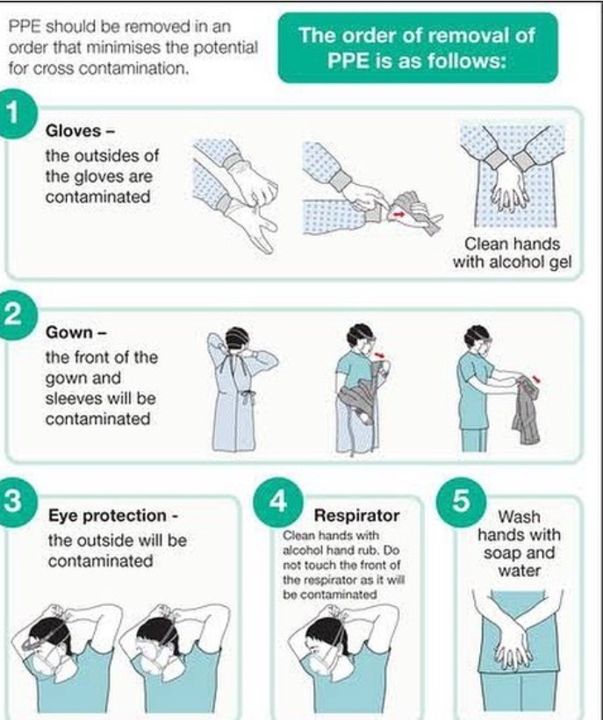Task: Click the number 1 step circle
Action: pos(14,114)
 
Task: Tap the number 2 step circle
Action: pos(14,316)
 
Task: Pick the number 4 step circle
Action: pos(278,502)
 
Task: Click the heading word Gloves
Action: pos(73,131)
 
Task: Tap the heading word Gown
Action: pos(69,332)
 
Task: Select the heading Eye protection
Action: pos(108,516)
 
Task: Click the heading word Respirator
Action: pos(356,516)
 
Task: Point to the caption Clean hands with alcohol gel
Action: pos(513,253)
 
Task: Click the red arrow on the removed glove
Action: pos(399,213)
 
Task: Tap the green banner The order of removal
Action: pos(417,47)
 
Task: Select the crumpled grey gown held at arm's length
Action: pos(527,409)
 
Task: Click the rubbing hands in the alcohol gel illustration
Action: pos(510,188)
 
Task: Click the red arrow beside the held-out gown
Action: pos(535,379)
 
